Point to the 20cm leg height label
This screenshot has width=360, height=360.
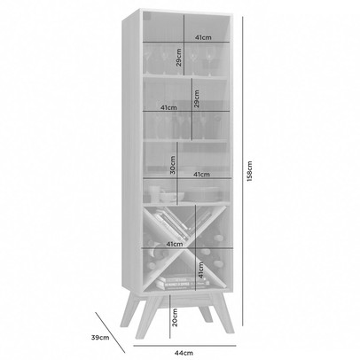pyautogui.click(x=176, y=315)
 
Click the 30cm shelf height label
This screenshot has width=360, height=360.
pyautogui.click(x=172, y=163)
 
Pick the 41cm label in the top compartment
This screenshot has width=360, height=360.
pyautogui.click(x=203, y=38)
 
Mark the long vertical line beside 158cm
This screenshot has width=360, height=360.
pyautogui.click(x=239, y=177)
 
